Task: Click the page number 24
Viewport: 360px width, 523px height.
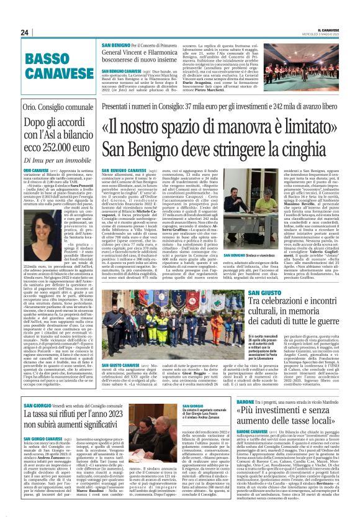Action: click(x=24, y=32)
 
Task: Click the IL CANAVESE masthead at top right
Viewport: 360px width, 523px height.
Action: click(x=335, y=30)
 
